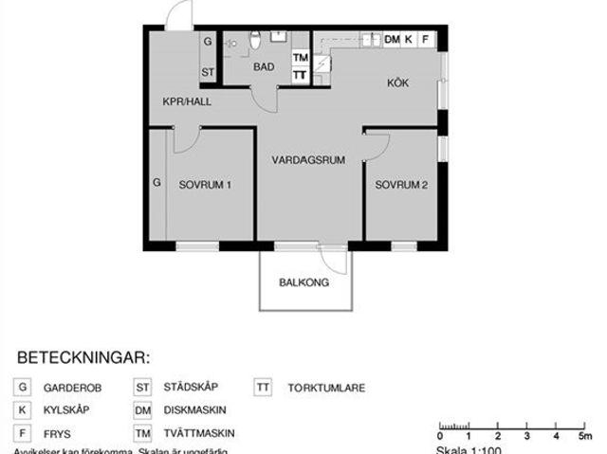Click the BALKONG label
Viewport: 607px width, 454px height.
[x=303, y=282]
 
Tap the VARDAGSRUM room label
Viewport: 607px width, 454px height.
[x=308, y=161]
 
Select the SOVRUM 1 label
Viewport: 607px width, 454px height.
[x=205, y=185]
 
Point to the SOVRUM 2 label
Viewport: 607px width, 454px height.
[x=401, y=185]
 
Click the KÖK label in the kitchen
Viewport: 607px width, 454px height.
[x=397, y=83]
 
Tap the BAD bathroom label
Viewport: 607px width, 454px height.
[x=264, y=67]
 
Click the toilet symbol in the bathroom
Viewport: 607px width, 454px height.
[x=255, y=40]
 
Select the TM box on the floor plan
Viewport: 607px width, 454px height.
[x=300, y=59]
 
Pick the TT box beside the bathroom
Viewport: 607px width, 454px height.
[x=300, y=75]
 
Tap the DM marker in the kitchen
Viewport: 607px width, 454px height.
[x=392, y=40]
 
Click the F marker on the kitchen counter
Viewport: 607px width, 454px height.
[x=426, y=40]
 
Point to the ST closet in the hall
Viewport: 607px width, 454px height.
[x=207, y=73]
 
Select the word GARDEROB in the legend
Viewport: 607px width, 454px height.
[x=71, y=388]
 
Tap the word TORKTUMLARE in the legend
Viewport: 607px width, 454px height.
[x=325, y=388]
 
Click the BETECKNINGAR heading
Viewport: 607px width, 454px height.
[x=84, y=358]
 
